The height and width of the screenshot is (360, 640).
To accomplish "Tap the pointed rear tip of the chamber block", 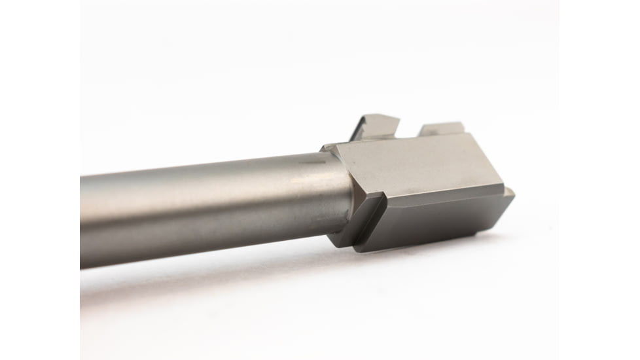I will [510, 194].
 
